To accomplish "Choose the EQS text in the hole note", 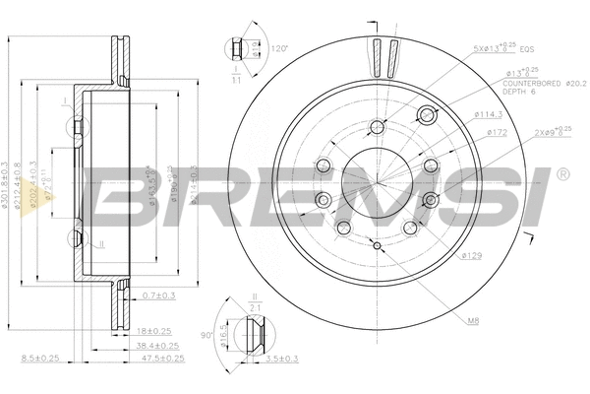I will (527, 46).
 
